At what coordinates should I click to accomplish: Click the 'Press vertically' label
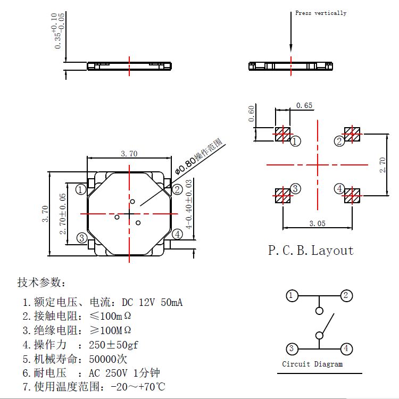[x=320, y=13]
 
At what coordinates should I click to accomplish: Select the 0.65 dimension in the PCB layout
[x=304, y=105]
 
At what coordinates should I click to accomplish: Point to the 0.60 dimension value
[x=252, y=114]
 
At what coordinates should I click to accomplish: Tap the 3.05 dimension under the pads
[x=317, y=224]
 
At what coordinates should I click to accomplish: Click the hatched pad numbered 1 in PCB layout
[x=282, y=134]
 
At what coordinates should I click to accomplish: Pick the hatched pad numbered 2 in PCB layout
[x=352, y=134]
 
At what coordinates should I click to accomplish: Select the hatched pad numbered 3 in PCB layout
[x=282, y=195]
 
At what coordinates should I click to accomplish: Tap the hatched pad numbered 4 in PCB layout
[x=352, y=195]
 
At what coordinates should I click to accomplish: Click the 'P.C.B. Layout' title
[x=311, y=250]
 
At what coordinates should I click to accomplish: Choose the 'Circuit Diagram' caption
[x=312, y=364]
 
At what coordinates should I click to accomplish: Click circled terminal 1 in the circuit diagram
[x=292, y=296]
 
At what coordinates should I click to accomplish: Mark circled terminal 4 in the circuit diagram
[x=346, y=349]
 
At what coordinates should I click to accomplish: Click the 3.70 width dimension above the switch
[x=129, y=154]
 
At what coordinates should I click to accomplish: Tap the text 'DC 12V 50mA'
[x=152, y=303]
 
